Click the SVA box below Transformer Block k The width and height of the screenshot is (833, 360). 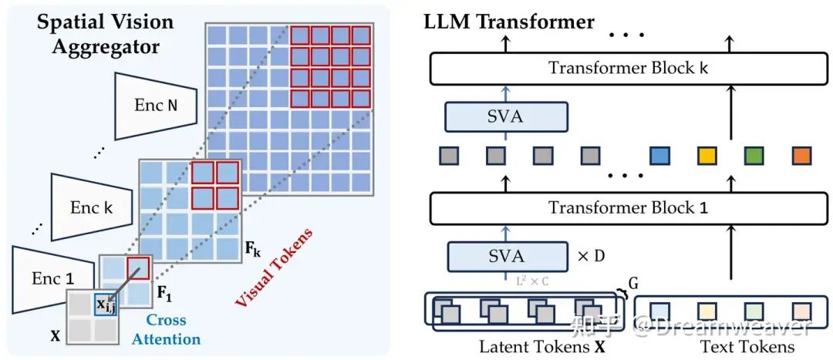point(506,116)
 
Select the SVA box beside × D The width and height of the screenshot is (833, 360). point(506,255)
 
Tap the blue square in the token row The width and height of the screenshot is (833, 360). point(659,156)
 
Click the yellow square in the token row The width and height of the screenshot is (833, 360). point(707,156)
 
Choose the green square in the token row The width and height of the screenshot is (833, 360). point(754,156)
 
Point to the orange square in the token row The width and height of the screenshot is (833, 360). point(802,156)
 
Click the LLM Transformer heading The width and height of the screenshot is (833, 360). point(509,22)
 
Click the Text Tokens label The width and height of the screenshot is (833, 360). point(747,347)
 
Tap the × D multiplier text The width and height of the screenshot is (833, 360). point(592,255)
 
